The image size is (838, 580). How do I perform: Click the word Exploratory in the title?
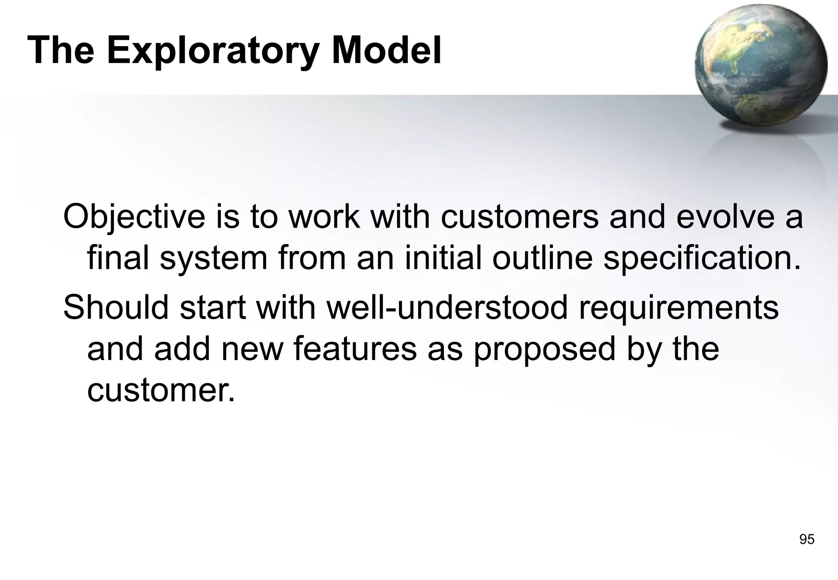213,51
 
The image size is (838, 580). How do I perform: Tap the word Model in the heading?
387,50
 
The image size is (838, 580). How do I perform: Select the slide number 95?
806,540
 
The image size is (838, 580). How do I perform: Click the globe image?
761,65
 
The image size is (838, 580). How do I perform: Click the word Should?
116,307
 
